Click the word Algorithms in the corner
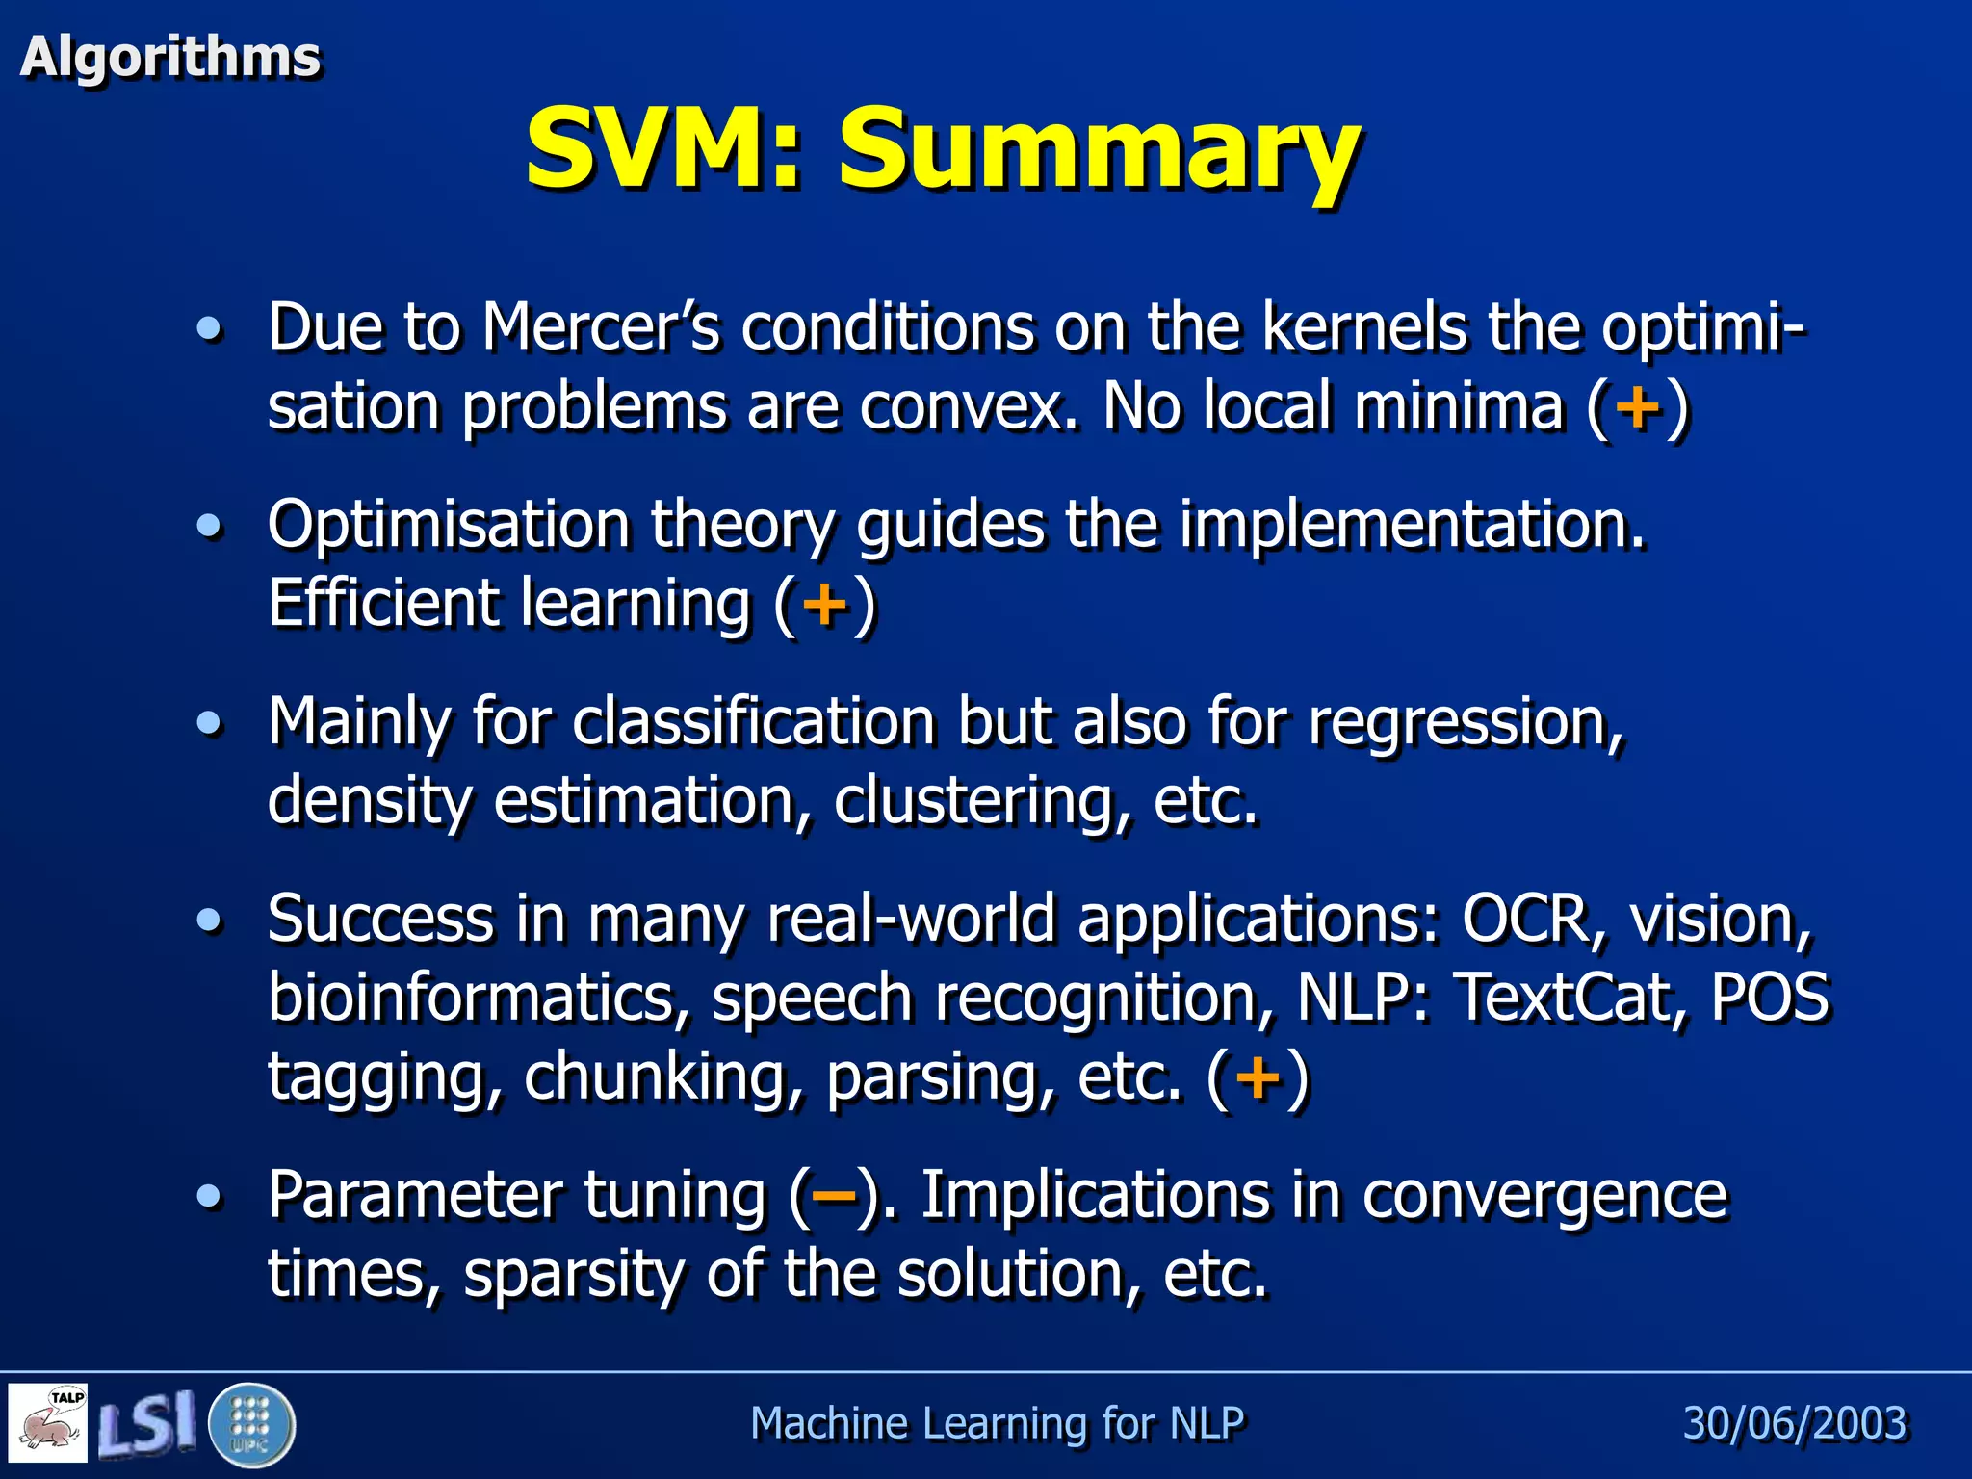click(170, 57)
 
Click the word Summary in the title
click(1099, 149)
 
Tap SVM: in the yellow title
click(664, 149)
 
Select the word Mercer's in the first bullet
click(601, 327)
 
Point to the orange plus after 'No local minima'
click(1638, 407)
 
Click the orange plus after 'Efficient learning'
click(825, 605)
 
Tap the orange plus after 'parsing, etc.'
click(1258, 1077)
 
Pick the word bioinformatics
click(479, 998)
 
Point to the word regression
click(1465, 722)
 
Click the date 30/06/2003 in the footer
click(1794, 1423)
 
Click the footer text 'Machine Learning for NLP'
click(997, 1423)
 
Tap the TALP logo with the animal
click(48, 1423)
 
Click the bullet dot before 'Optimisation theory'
click(208, 527)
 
